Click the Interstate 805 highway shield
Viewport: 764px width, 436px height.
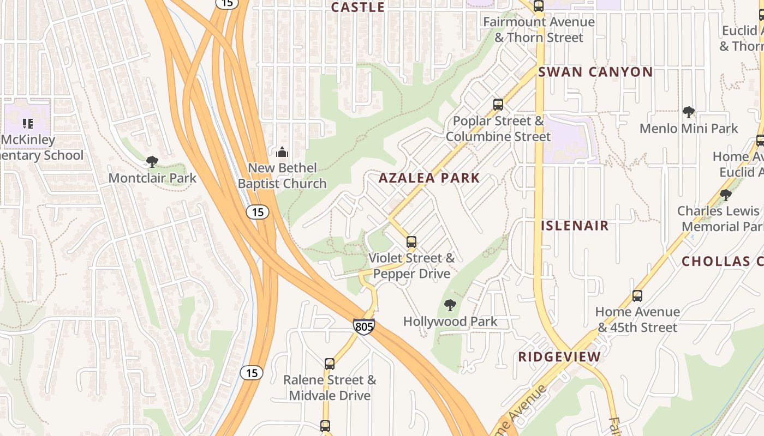click(364, 326)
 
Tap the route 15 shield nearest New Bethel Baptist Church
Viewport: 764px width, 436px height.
click(257, 212)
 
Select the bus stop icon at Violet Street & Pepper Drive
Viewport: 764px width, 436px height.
click(411, 242)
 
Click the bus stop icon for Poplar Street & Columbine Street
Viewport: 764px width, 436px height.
click(498, 105)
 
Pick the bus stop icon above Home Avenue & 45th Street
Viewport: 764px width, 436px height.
click(637, 296)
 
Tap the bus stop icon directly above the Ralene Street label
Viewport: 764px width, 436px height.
click(330, 364)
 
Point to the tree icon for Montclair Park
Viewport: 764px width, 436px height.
click(152, 162)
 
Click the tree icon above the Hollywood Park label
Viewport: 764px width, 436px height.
click(450, 305)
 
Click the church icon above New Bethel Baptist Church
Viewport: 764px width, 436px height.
click(282, 152)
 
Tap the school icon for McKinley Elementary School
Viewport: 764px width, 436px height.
click(27, 124)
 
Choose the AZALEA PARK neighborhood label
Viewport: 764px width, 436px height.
click(429, 178)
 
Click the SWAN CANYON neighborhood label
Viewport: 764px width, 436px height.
click(595, 72)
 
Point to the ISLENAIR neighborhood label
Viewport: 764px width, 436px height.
click(575, 226)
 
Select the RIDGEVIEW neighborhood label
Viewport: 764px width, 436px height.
click(559, 357)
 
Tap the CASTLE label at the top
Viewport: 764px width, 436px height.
click(358, 7)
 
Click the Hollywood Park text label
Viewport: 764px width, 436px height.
click(450, 322)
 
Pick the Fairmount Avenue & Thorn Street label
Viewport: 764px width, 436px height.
click(539, 30)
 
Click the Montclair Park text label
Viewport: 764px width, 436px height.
click(152, 178)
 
